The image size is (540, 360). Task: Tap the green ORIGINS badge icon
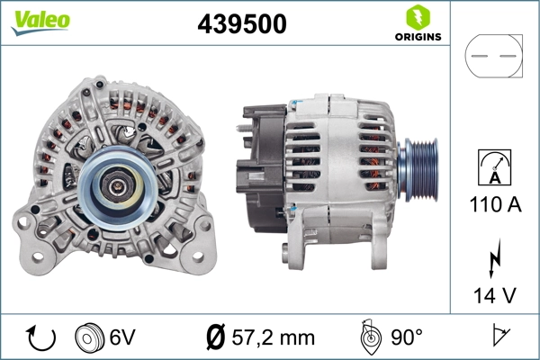(416, 16)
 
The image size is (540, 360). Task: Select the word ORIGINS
(417, 37)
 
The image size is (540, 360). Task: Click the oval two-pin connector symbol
(493, 57)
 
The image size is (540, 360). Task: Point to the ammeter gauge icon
(493, 168)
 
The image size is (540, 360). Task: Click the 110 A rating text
(493, 205)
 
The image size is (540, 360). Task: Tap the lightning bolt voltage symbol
(493, 258)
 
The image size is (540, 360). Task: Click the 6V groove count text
(122, 338)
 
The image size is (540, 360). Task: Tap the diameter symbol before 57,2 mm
(216, 338)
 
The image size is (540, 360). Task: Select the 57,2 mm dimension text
(274, 338)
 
